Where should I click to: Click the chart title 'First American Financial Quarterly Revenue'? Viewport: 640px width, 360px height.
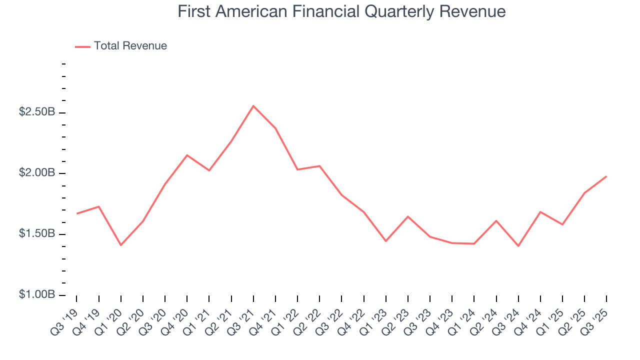click(341, 11)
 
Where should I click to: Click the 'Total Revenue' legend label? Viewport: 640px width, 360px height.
click(130, 46)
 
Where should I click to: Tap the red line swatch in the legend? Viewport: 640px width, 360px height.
click(82, 46)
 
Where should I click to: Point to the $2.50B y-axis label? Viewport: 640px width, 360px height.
click(37, 112)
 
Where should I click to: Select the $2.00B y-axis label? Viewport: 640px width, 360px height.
click(37, 173)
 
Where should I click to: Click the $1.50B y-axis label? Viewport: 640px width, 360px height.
click(37, 234)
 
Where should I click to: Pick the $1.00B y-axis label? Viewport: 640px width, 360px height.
click(37, 295)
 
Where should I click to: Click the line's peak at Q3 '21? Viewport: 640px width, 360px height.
click(253, 106)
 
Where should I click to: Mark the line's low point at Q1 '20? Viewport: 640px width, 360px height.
click(120, 245)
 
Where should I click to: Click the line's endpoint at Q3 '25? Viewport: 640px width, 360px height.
click(606, 176)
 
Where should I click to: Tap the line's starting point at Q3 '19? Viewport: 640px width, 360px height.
click(76, 213)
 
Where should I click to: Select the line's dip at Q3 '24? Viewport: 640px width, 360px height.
click(518, 246)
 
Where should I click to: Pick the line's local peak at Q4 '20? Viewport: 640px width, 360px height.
click(187, 155)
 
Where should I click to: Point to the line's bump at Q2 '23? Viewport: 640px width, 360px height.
click(408, 216)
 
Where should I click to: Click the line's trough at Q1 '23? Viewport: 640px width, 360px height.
click(385, 241)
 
